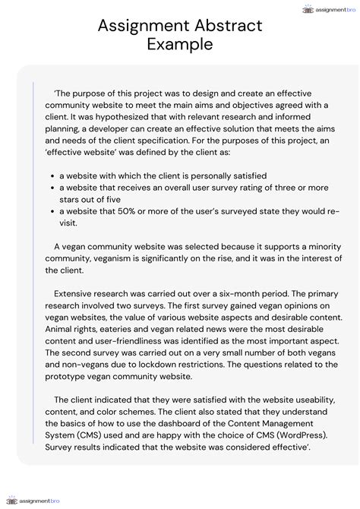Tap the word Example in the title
(x=179, y=45)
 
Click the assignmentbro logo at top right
(x=328, y=9)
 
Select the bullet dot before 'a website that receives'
(x=51, y=188)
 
